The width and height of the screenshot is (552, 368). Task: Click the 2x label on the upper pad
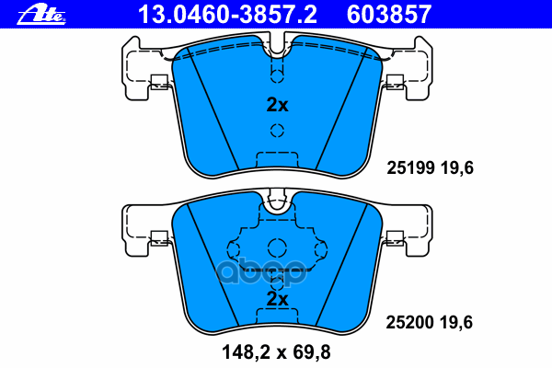point(277,105)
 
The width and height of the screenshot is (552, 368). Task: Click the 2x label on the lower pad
point(277,299)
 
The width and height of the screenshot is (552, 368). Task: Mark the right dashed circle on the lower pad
point(320,249)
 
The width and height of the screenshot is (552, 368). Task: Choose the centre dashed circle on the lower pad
point(276,247)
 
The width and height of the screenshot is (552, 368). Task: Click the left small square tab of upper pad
point(157,80)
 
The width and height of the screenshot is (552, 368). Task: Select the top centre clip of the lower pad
point(276,201)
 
